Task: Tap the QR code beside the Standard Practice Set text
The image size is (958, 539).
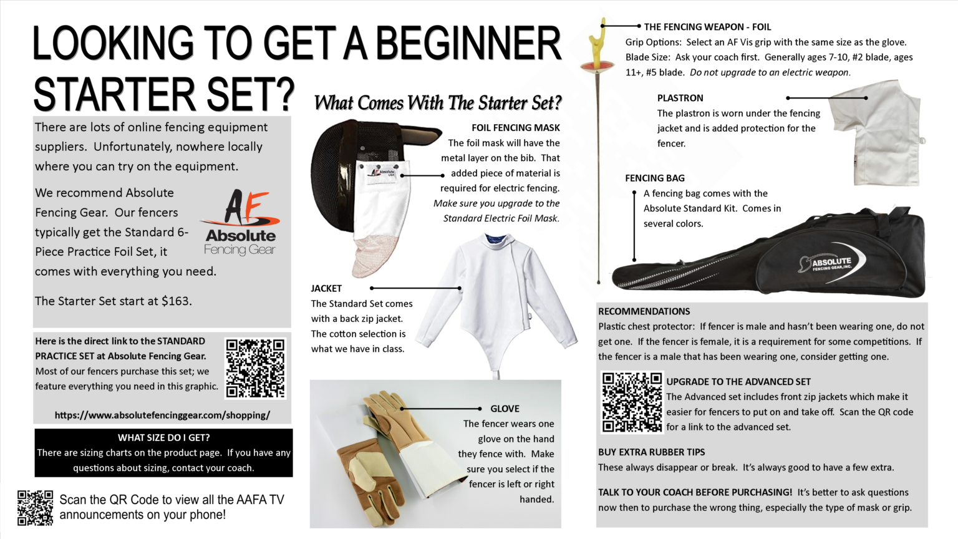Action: pos(255,368)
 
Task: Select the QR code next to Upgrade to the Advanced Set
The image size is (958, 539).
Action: pos(631,402)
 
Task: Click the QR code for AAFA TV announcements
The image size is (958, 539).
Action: pos(35,507)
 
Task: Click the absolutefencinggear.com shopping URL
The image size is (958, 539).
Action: pos(162,415)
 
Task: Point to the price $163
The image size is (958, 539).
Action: pos(177,301)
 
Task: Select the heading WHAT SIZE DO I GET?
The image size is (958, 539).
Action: pos(163,437)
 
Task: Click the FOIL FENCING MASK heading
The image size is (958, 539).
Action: pos(515,128)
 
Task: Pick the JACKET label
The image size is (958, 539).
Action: pos(326,288)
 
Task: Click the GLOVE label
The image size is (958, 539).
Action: pos(505,409)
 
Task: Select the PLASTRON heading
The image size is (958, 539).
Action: pos(680,98)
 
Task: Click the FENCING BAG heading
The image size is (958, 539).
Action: pos(654,178)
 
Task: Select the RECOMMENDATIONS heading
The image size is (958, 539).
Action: pos(644,311)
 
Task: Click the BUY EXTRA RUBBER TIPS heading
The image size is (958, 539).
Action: pos(651,452)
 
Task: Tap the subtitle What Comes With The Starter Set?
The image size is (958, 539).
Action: pos(437,103)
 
